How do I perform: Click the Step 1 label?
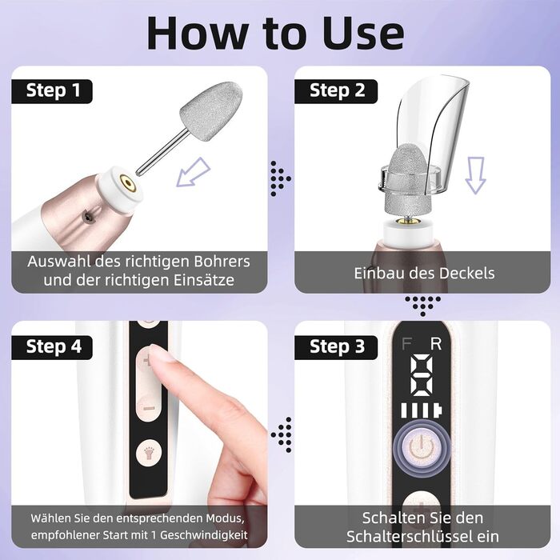(52, 91)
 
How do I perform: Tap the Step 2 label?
(336, 91)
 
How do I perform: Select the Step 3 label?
(336, 347)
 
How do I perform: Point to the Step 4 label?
(52, 347)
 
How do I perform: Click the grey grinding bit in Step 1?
(210, 104)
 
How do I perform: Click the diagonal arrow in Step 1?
(194, 173)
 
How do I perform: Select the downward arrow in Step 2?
(475, 175)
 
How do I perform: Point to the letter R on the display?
(436, 344)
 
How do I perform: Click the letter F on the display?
(406, 344)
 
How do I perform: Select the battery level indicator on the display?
(422, 410)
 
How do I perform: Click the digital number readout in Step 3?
(422, 375)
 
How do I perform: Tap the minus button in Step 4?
(148, 409)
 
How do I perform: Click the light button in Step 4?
(149, 454)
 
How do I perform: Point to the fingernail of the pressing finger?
(161, 353)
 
